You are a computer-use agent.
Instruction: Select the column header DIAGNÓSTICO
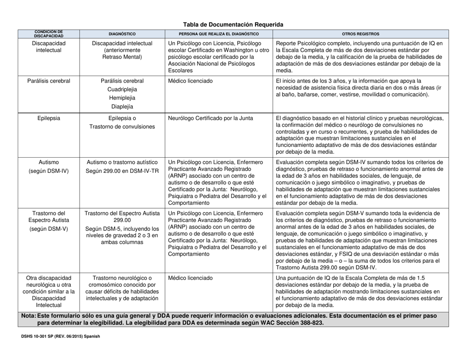point(122,34)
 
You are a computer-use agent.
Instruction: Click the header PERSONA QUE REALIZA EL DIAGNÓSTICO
point(219,34)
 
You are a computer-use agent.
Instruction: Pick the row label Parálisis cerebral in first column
point(48,81)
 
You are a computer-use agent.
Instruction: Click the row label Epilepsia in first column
point(48,118)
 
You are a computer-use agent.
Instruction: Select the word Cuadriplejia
point(122,89)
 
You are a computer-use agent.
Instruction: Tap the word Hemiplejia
point(122,97)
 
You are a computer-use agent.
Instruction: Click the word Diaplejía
point(122,106)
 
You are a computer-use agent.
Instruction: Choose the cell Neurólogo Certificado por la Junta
point(214,118)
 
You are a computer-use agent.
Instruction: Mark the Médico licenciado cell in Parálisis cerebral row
point(191,81)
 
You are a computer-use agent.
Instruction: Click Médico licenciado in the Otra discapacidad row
point(191,278)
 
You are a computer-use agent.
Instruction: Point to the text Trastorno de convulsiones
point(122,126)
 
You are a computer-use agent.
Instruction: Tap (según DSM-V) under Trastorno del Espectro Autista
point(48,230)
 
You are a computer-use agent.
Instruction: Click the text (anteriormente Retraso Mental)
point(122,53)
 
